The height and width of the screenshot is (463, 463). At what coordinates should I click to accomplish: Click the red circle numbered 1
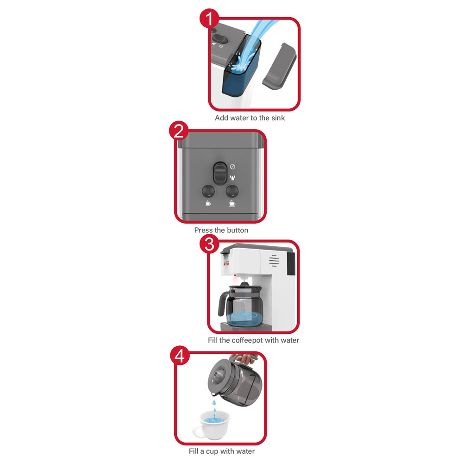click(x=209, y=18)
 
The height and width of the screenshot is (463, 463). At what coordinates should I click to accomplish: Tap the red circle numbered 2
click(x=179, y=131)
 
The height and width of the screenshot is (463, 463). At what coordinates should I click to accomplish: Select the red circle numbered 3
click(x=209, y=244)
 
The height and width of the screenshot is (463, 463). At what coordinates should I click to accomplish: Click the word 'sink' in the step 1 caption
click(x=278, y=118)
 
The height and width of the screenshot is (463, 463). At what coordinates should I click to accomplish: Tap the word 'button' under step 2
click(x=237, y=230)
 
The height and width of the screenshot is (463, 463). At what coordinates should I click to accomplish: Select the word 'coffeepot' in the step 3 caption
click(x=247, y=340)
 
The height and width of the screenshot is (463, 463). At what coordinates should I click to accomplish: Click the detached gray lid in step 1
click(x=279, y=66)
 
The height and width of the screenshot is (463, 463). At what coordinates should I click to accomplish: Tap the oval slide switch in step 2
click(x=220, y=173)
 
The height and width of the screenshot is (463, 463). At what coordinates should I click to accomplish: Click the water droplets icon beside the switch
click(x=233, y=178)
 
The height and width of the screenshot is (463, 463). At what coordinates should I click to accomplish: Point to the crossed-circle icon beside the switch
click(x=233, y=167)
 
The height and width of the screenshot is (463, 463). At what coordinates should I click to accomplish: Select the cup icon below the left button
click(x=208, y=203)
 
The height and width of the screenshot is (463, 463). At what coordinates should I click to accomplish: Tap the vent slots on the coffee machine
click(x=274, y=261)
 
